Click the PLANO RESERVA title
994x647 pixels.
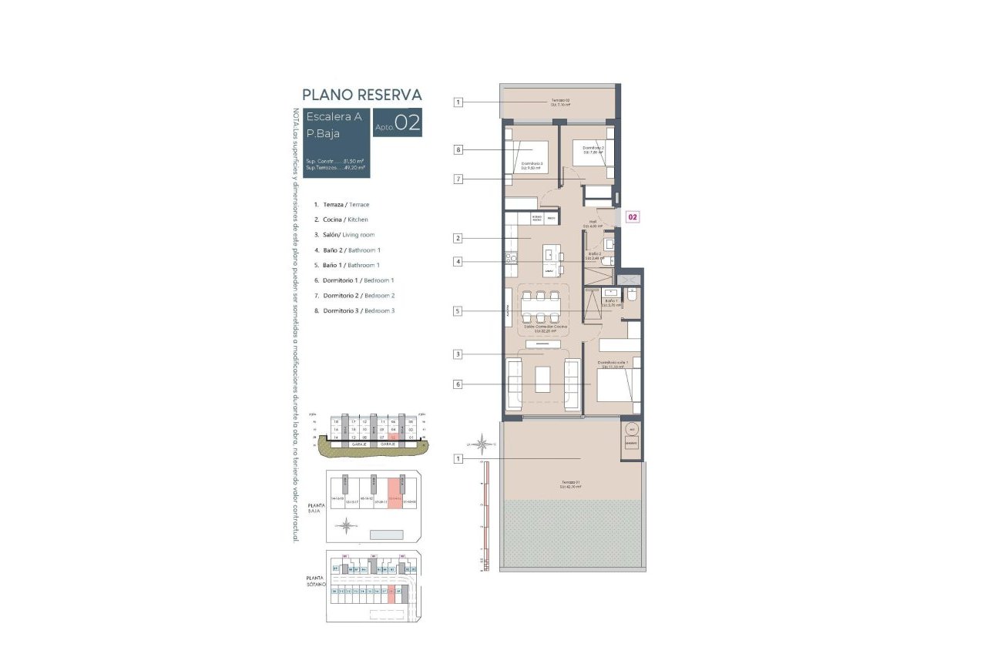point(361,95)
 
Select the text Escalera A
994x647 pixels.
point(334,117)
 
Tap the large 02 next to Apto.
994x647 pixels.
point(407,123)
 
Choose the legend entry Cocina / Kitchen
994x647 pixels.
point(341,220)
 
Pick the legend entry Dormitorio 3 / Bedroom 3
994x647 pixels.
point(354,310)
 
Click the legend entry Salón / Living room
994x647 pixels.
point(344,235)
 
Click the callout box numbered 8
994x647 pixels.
point(458,149)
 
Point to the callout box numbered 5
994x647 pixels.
point(458,311)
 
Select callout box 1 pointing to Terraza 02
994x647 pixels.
point(458,102)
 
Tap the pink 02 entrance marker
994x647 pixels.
point(632,217)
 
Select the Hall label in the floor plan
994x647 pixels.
point(593,223)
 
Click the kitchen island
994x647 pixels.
point(551,260)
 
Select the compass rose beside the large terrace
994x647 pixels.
point(482,444)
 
